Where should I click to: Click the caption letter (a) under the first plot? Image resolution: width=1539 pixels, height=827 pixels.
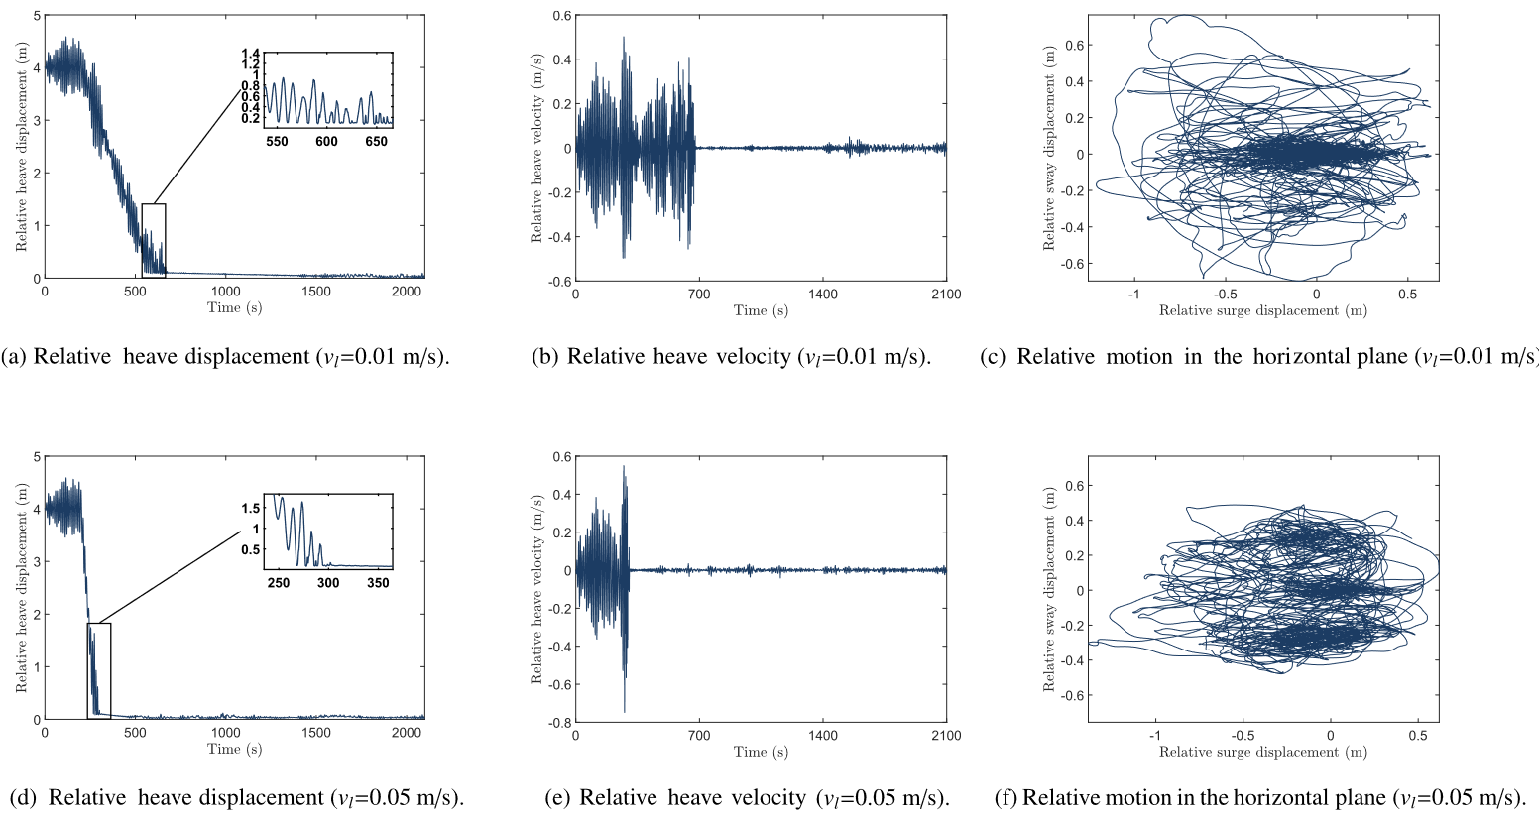(x=15, y=357)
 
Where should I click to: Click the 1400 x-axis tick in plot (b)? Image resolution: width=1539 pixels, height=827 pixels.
(x=822, y=295)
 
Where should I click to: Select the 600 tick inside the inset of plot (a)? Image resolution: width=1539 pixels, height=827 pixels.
(x=326, y=142)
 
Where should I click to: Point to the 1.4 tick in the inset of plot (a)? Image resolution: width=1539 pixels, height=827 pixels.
(x=250, y=54)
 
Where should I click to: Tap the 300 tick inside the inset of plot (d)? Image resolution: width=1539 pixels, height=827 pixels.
(x=328, y=583)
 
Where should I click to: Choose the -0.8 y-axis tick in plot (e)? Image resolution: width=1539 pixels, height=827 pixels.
(x=561, y=723)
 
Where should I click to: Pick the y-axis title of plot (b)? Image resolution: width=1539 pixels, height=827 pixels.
(x=536, y=149)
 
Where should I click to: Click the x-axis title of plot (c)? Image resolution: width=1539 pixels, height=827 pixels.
(x=1262, y=311)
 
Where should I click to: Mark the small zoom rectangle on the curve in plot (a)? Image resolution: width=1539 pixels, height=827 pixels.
(x=154, y=239)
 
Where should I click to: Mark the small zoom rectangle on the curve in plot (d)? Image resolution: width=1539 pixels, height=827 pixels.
(x=99, y=669)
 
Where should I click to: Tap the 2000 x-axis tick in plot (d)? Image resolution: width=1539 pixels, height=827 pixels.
(x=407, y=733)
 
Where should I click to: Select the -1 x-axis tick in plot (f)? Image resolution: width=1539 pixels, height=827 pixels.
(x=1154, y=736)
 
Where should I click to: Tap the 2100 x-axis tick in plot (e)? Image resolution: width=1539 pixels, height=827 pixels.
(x=946, y=736)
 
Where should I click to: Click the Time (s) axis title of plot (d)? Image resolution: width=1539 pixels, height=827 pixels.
(x=234, y=750)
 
